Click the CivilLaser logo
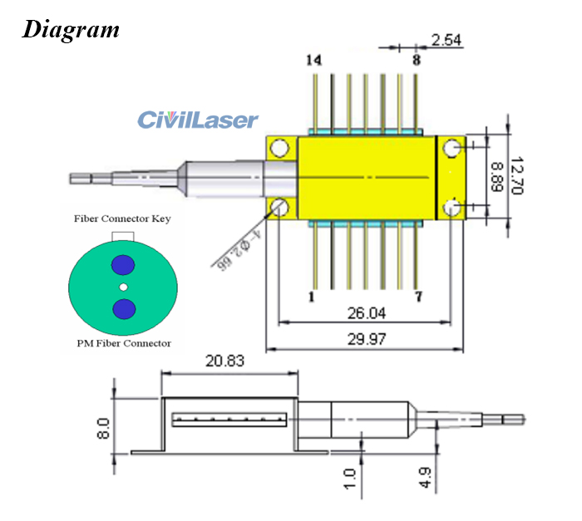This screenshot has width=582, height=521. [198, 120]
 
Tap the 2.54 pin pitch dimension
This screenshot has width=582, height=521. [446, 39]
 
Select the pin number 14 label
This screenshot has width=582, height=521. [313, 60]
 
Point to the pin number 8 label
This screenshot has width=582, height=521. [417, 60]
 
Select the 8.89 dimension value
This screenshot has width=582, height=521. [494, 176]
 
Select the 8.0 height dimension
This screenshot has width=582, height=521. [103, 428]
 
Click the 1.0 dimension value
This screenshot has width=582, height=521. [349, 478]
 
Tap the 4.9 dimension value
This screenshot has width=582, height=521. [425, 478]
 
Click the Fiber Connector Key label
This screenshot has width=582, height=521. [123, 219]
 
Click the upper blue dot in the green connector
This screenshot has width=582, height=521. [123, 264]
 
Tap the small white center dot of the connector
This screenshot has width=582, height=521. [123, 287]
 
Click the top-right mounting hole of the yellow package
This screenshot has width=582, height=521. [451, 148]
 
